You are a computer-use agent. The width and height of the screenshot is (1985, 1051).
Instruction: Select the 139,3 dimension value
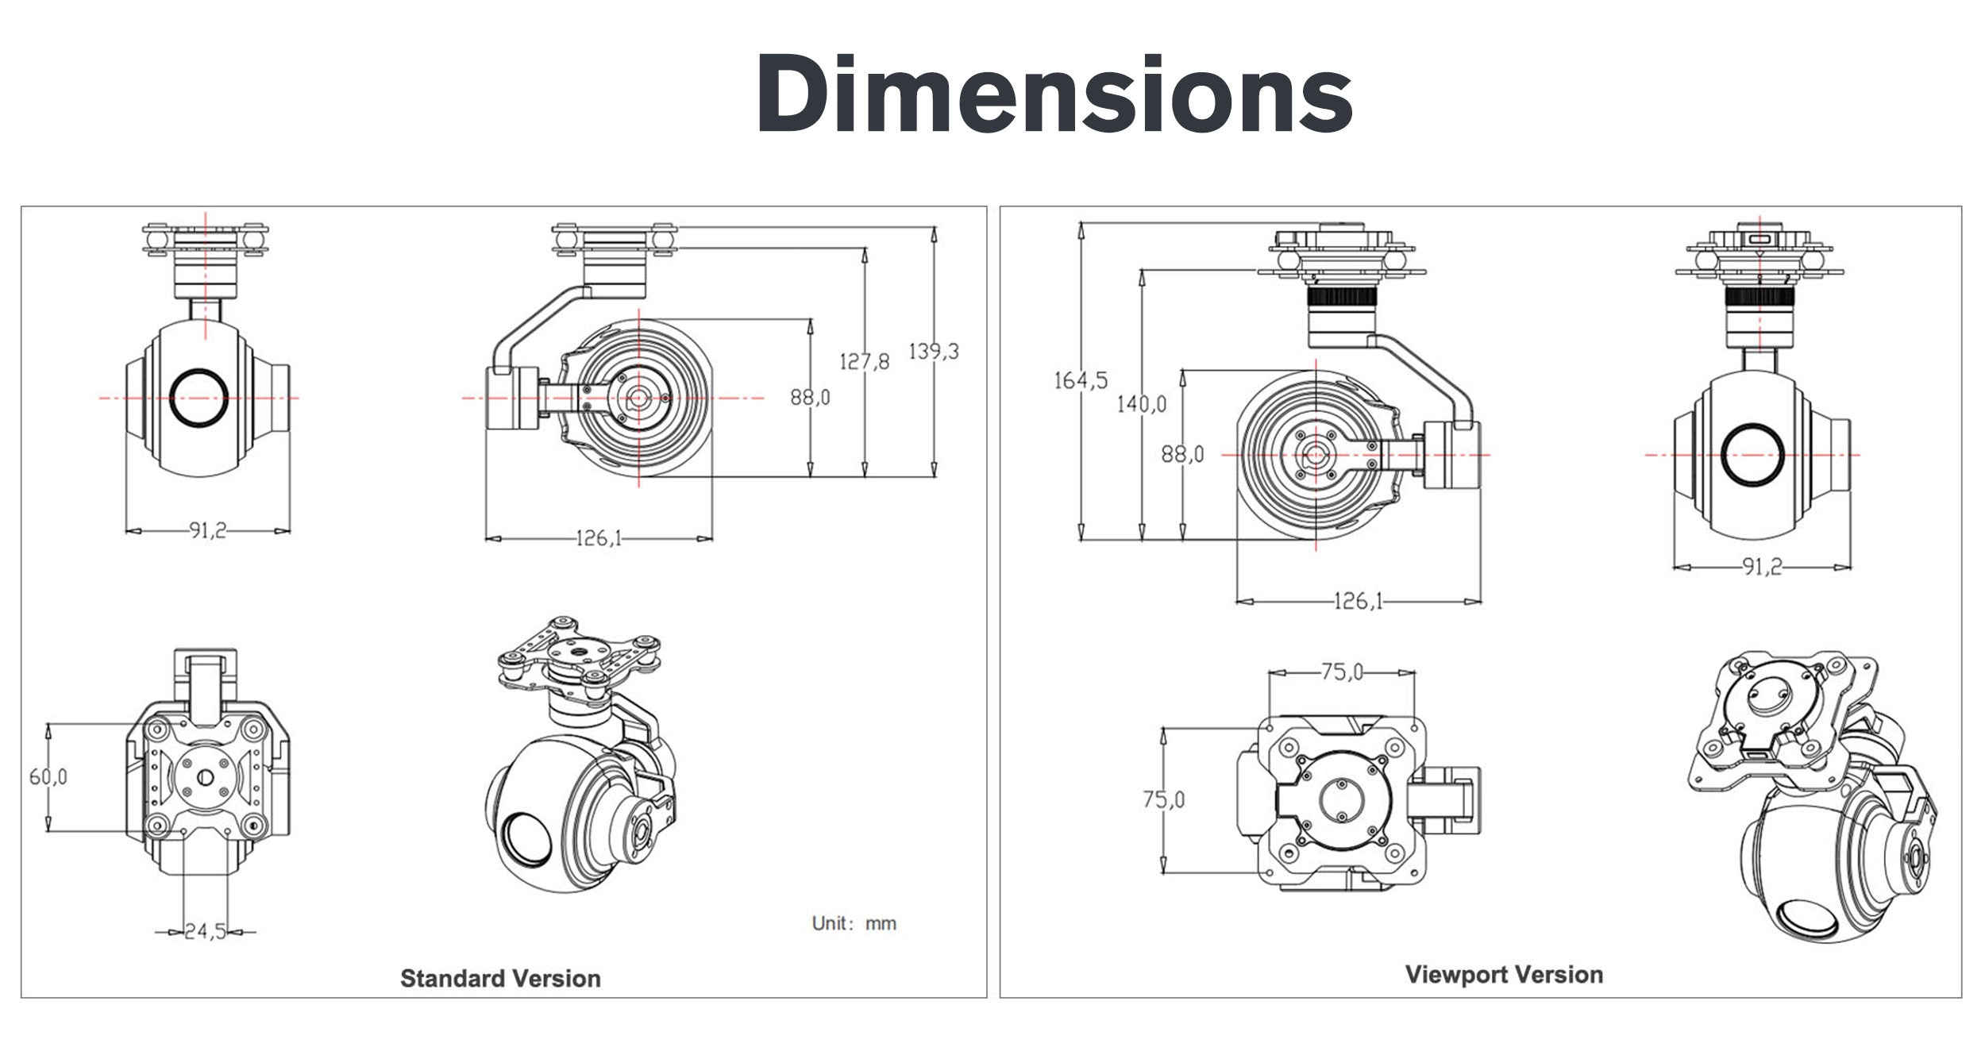point(934,351)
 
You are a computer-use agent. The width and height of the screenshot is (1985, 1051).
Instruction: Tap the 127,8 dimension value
point(865,362)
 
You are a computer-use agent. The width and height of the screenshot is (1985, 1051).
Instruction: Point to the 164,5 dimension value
point(1080,380)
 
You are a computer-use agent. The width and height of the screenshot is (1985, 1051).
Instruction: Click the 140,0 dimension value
point(1142,404)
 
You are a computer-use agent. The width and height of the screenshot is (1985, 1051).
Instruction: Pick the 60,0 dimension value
point(48,776)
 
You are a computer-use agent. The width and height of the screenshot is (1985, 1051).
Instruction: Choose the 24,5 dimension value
point(205,931)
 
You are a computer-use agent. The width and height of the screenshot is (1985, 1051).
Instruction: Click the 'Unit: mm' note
point(854,923)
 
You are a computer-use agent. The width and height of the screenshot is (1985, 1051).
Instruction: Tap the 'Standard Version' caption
point(500,978)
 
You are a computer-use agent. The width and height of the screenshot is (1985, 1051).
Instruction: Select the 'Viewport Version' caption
point(1504,974)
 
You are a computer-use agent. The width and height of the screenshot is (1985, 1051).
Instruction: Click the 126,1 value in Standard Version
point(598,539)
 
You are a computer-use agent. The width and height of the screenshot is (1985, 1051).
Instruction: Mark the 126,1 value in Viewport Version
point(1358,601)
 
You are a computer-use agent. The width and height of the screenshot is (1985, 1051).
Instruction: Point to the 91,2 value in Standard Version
point(207,530)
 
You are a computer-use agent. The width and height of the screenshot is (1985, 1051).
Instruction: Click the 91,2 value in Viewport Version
point(1762,567)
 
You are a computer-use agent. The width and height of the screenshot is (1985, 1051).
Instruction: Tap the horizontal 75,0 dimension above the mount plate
point(1341,672)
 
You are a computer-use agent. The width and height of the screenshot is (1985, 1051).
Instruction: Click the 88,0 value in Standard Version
point(810,397)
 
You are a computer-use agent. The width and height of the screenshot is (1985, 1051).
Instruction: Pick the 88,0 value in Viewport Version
point(1182,454)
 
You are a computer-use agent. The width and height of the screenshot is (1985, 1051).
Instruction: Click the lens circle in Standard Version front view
point(200,397)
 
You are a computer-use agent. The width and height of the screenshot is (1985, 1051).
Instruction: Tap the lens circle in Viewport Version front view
point(1753,455)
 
